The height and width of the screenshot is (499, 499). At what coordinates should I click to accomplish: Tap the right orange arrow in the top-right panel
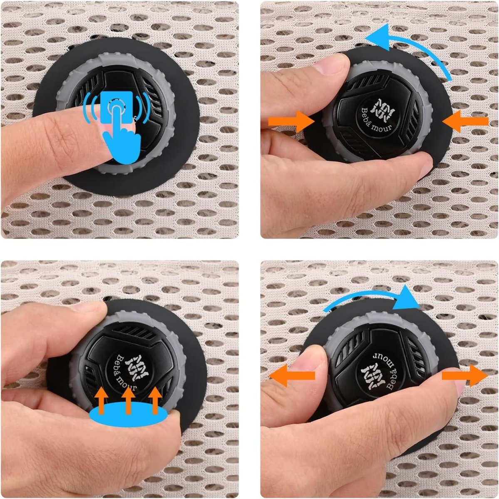(x=465, y=121)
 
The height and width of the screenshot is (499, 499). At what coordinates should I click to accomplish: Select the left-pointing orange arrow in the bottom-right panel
(x=292, y=375)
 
